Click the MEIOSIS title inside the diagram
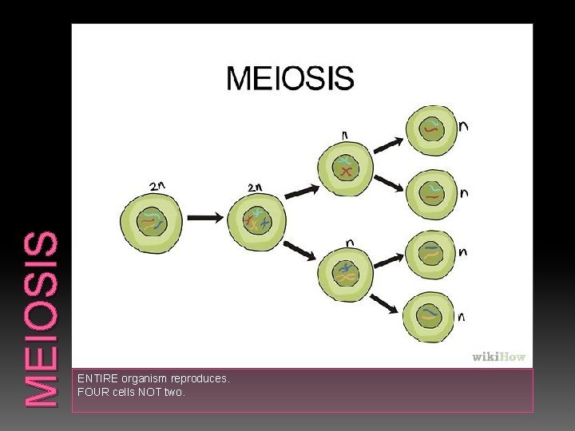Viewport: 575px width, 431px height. click(290, 78)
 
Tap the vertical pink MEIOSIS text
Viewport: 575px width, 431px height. click(40, 319)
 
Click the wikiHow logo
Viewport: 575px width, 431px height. click(499, 357)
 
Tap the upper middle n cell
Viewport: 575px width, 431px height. click(345, 168)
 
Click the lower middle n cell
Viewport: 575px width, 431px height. click(345, 273)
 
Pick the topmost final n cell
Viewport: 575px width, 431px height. click(432, 130)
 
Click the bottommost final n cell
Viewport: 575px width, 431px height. click(432, 317)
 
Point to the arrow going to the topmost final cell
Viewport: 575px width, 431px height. click(388, 144)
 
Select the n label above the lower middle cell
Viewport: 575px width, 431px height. click(349, 241)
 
